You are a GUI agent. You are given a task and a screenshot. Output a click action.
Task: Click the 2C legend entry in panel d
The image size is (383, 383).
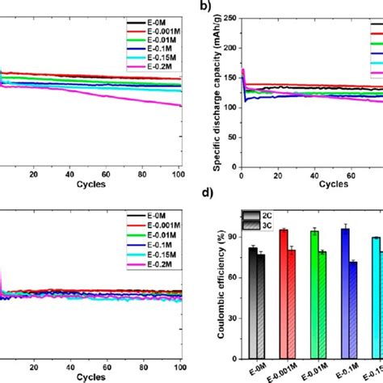click(268, 216)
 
